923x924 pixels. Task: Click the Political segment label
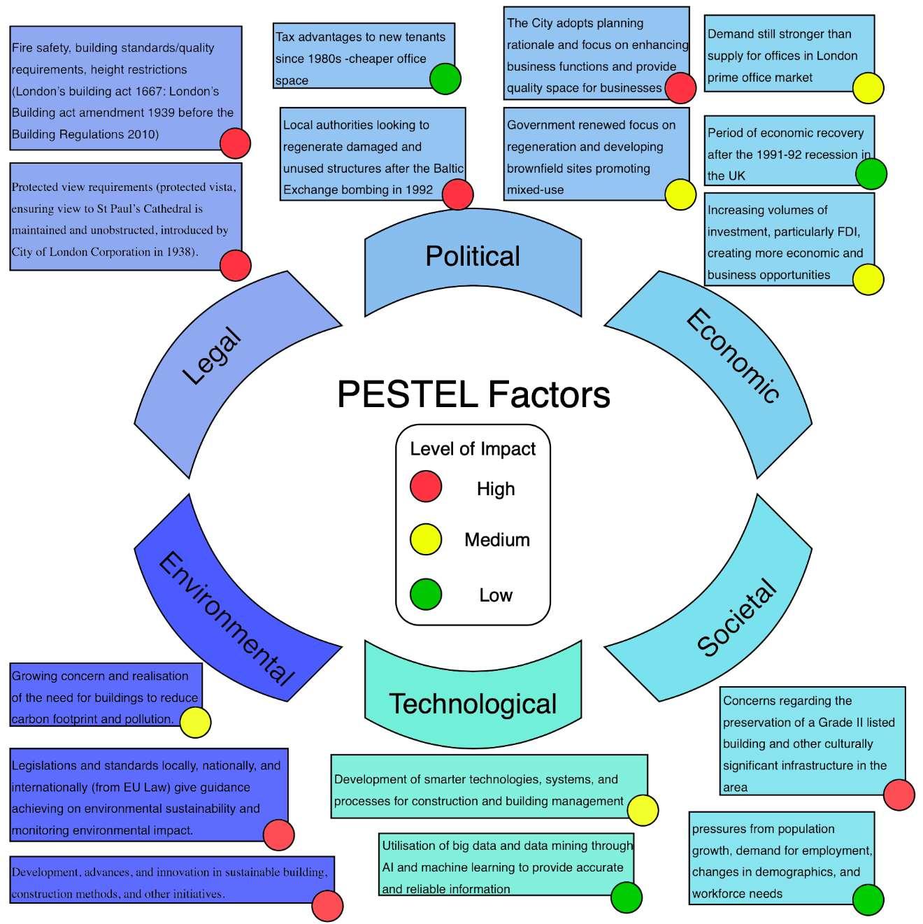pyautogui.click(x=473, y=257)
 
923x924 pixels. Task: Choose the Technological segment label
pyautogui.click(x=473, y=704)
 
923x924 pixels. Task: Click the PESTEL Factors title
pyautogui.click(x=473, y=395)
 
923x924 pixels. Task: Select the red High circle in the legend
pyautogui.click(x=426, y=487)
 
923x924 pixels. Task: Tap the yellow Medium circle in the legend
pyautogui.click(x=426, y=539)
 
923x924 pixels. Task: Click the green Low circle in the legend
pyautogui.click(x=426, y=595)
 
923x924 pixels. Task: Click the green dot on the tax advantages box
pyautogui.click(x=445, y=78)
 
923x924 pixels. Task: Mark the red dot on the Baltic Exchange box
pyautogui.click(x=458, y=194)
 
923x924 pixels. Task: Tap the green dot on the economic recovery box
pyautogui.click(x=871, y=173)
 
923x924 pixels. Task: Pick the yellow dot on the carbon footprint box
pyautogui.click(x=196, y=722)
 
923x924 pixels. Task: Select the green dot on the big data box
pyautogui.click(x=626, y=897)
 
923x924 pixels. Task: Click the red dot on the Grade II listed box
pyautogui.click(x=899, y=795)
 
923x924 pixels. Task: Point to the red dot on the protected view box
pyautogui.click(x=236, y=265)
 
